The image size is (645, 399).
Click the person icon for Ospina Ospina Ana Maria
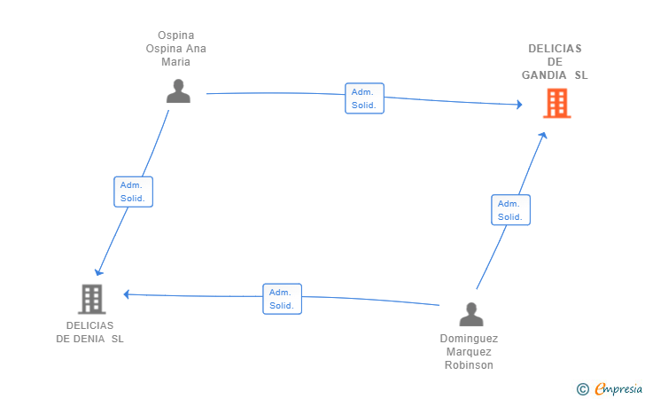tap(178, 91)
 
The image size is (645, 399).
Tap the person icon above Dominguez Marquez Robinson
tap(471, 314)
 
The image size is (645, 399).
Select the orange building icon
tap(557, 104)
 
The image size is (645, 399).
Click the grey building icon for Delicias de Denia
tap(92, 300)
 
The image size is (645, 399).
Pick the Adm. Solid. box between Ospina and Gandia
tap(364, 98)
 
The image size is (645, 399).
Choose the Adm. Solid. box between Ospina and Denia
tap(133, 192)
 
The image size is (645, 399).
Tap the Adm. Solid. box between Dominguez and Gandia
tap(510, 210)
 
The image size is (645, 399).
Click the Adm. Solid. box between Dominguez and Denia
tap(282, 299)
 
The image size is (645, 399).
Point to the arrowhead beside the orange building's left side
tap(520, 105)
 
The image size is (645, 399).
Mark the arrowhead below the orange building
tap(543, 135)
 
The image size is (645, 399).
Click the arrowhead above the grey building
tap(98, 272)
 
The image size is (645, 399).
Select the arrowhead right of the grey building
tap(127, 294)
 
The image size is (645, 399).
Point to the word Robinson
tap(469, 365)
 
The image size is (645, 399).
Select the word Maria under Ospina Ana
tap(175, 62)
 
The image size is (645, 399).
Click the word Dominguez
tap(469, 339)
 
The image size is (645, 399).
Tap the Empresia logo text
tap(618, 388)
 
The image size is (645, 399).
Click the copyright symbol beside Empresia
tap(583, 389)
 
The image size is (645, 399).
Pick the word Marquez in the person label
tap(469, 352)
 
